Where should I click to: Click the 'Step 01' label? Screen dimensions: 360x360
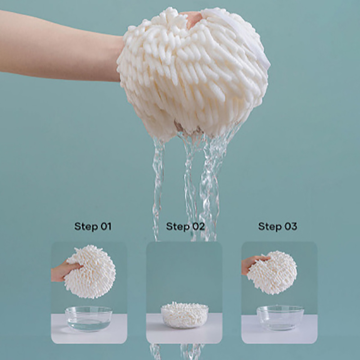[93, 226]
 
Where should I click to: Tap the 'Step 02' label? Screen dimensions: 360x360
[185, 226]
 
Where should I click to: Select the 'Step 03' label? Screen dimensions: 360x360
[278, 226]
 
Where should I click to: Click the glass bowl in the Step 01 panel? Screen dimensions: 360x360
[89, 319]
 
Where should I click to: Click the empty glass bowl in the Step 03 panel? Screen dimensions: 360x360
[280, 318]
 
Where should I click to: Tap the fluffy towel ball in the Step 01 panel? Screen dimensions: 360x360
[91, 272]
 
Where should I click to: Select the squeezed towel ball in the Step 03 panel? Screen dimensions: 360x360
[273, 273]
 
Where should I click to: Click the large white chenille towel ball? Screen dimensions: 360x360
[193, 73]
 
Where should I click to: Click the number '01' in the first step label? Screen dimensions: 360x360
[106, 226]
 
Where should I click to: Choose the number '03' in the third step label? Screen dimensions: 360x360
[291, 226]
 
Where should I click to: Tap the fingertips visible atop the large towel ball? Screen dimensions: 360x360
[193, 19]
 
